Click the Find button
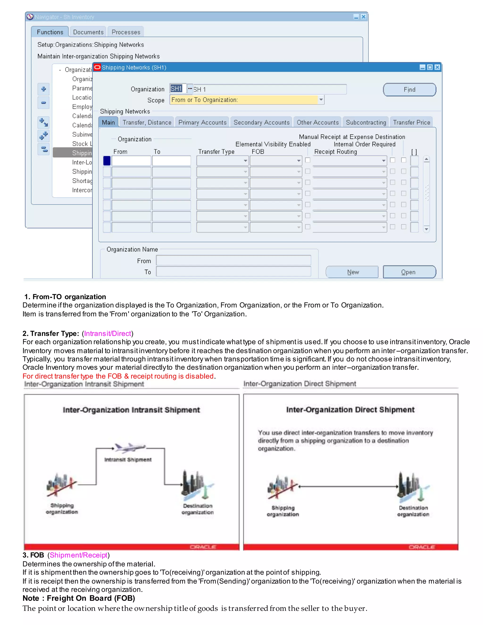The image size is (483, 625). coord(409,90)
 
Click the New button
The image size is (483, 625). coord(352,272)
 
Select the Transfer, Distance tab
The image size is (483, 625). coord(147,122)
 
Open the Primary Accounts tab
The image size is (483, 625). coord(202,122)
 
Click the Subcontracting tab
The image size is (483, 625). coord(366,122)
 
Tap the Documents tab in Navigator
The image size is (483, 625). coord(88,32)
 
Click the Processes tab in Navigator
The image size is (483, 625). coord(126,32)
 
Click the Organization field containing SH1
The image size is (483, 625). coord(177,89)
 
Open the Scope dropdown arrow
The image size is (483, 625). coord(321,100)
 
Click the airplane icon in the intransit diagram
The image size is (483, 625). coord(130,448)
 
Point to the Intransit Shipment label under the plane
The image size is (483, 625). coord(128,460)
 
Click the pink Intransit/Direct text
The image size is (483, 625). coord(108,333)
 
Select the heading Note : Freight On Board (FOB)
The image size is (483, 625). coord(79,598)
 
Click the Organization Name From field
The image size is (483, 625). coord(233,260)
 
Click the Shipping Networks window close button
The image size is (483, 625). coord(437,67)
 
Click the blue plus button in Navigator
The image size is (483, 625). coord(43,89)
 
